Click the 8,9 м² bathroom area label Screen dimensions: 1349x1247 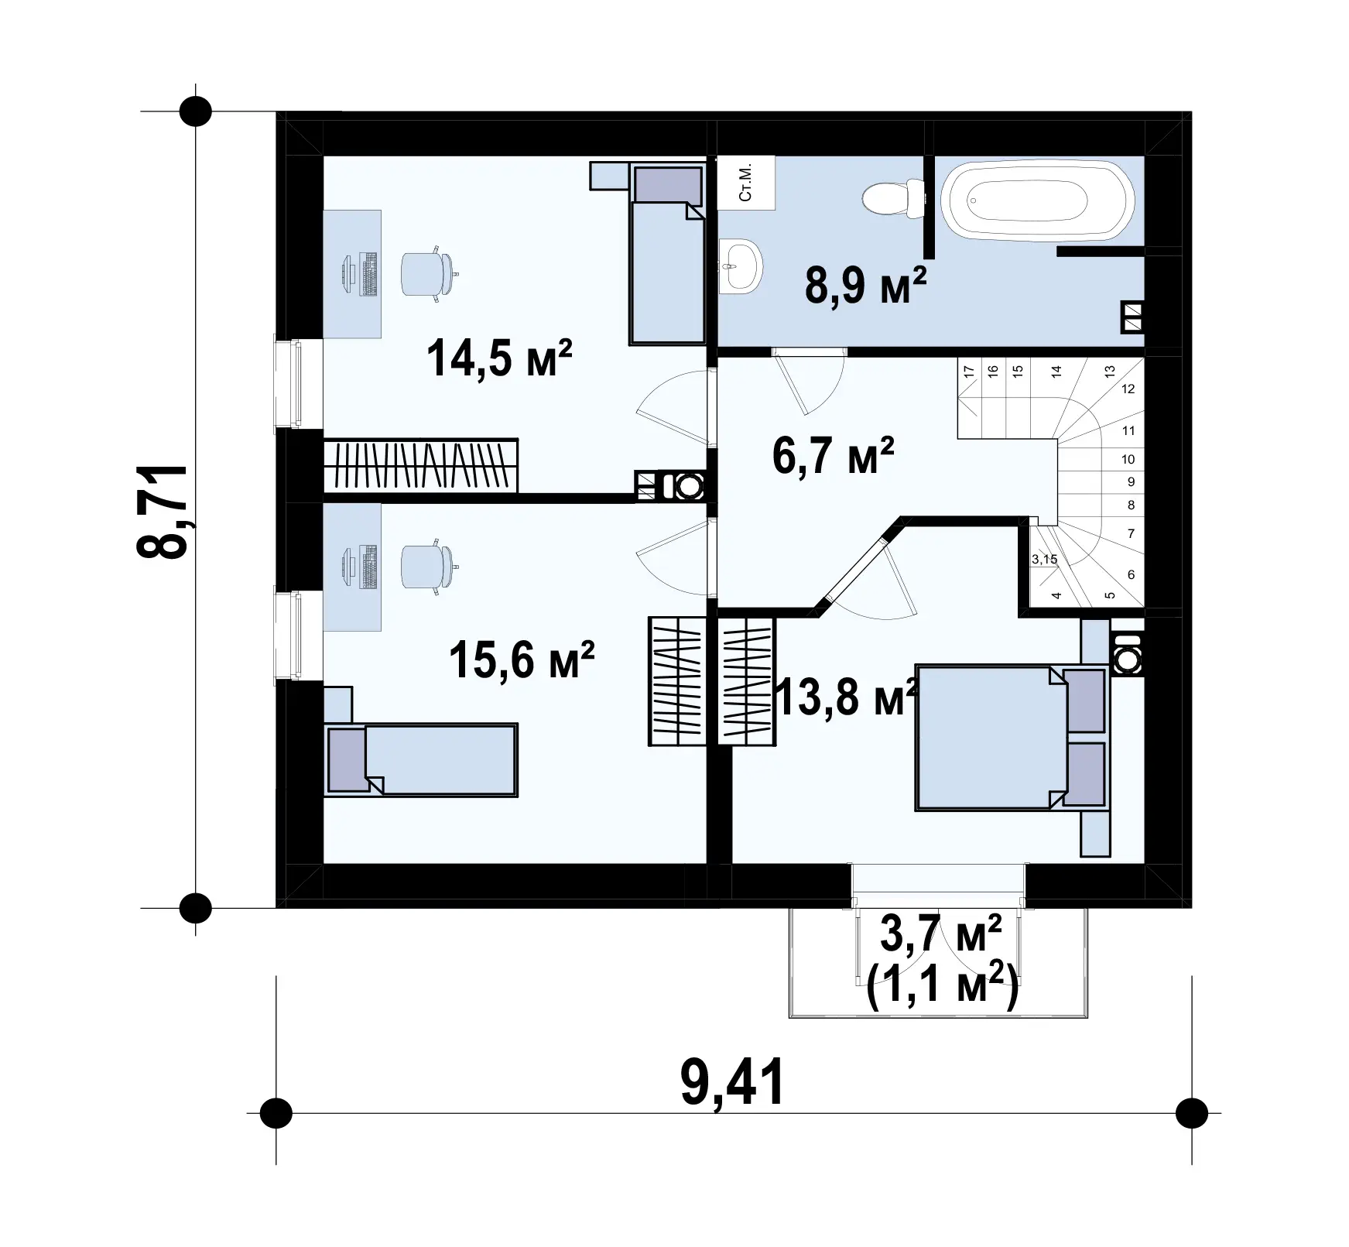(865, 286)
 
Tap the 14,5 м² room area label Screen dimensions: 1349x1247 (499, 358)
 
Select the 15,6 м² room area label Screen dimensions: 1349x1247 (522, 659)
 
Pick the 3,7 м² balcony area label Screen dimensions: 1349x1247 (941, 935)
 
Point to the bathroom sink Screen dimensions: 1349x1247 (741, 266)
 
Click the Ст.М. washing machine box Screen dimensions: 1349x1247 (747, 183)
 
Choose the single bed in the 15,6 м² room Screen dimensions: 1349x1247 (421, 759)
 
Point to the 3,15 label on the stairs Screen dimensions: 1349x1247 (1044, 559)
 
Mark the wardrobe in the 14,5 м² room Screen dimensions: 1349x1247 (420, 465)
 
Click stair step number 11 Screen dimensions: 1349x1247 (1128, 430)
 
